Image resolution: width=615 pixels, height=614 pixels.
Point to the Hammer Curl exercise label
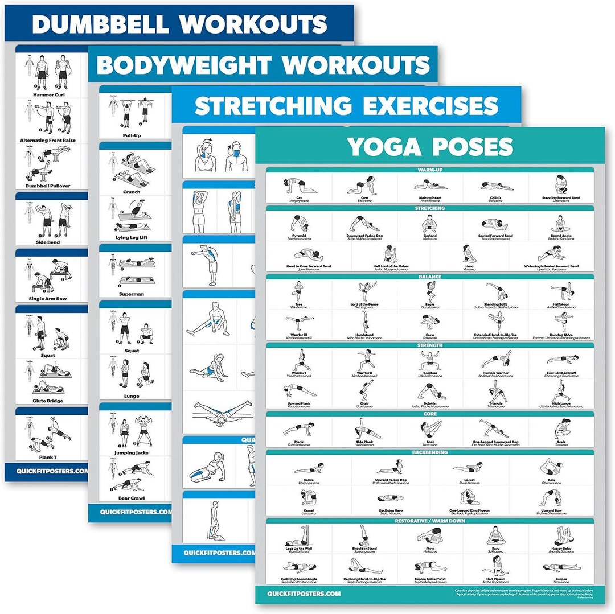click(x=51, y=94)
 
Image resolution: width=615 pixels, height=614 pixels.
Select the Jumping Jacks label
click(x=132, y=453)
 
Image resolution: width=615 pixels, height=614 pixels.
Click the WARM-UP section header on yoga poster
click(x=430, y=170)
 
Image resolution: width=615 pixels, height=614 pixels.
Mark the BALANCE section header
click(x=430, y=277)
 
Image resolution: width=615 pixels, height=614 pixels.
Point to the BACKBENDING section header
click(x=430, y=452)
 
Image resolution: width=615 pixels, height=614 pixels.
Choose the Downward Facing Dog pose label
click(x=364, y=236)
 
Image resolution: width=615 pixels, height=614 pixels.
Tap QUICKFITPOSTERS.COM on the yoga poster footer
click(x=304, y=594)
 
